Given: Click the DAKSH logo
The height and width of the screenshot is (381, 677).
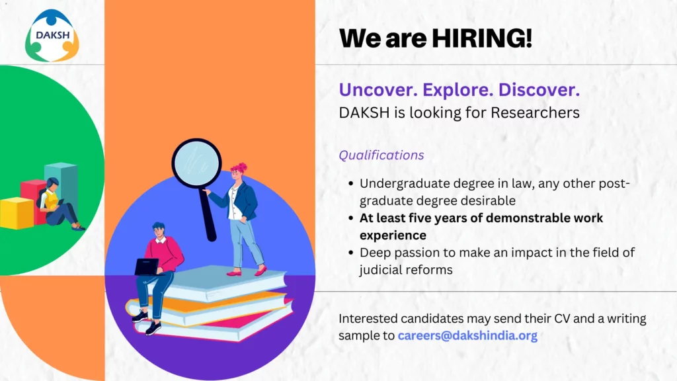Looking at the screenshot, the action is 52,36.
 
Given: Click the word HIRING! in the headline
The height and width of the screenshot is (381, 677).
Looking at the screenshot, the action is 482,38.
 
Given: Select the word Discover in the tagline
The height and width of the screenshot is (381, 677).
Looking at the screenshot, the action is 539,90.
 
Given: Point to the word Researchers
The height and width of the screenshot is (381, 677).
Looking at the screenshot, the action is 535,112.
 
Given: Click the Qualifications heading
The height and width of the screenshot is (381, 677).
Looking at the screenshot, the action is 381,155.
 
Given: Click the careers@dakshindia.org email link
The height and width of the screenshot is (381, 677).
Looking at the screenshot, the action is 467,335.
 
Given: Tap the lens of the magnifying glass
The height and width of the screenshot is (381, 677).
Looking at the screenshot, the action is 197,163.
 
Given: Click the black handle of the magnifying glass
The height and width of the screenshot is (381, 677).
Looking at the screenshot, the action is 207,214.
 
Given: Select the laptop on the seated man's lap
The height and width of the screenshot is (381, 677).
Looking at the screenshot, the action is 147,267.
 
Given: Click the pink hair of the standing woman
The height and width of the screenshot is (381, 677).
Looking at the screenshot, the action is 239,167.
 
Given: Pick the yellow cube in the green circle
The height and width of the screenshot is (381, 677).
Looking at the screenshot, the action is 17,213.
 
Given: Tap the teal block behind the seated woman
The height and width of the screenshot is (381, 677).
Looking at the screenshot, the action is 61,181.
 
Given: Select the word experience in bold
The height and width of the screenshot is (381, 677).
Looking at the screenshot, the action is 393,235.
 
